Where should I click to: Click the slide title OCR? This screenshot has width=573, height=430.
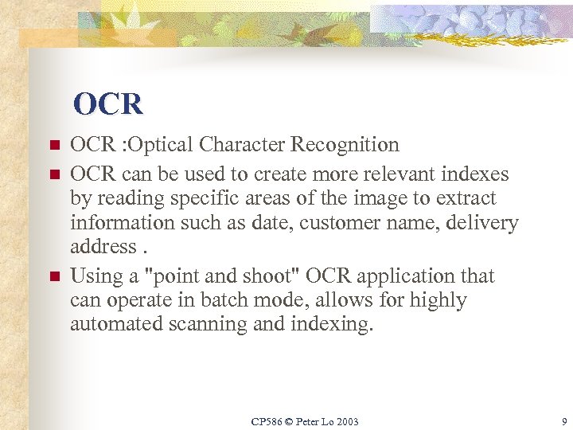point(108,104)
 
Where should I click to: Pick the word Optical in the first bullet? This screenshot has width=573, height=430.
point(162,145)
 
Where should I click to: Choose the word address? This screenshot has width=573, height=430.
point(103,247)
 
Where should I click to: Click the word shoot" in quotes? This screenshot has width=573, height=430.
point(271,276)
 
